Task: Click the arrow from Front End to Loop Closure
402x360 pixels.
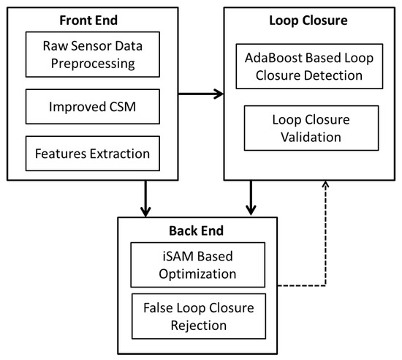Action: tap(200, 94)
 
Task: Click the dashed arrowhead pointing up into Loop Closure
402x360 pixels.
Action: tap(324, 186)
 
